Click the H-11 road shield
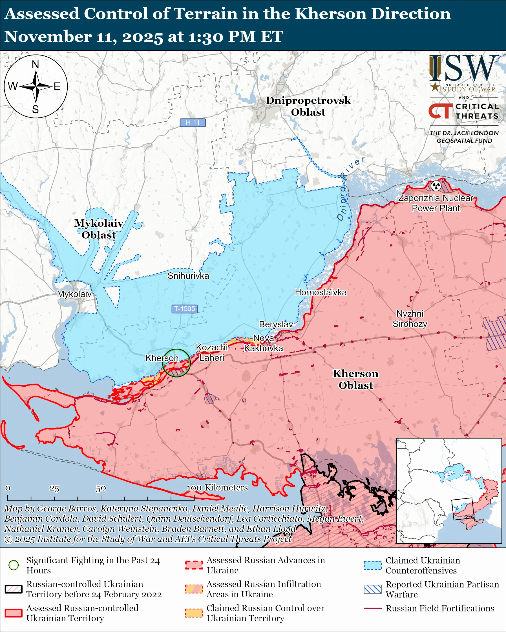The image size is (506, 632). pos(193,123)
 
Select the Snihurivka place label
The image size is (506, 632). pos(188,276)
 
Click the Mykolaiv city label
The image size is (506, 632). pos(74,294)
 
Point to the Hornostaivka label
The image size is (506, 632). pos(321,292)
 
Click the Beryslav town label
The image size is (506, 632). pos(276,324)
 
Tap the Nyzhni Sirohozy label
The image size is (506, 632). pos(410,319)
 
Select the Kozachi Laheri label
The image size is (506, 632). pos(211,353)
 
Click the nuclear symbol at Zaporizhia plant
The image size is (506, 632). pos(436,185)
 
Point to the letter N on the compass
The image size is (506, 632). pos(36,64)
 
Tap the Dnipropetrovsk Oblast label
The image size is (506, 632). pos(308,106)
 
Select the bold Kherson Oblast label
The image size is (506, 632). pos(355,379)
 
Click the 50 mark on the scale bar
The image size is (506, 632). pos(101,488)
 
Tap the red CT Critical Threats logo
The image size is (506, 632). pos(440,111)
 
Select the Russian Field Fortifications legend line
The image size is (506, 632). pos(373,608)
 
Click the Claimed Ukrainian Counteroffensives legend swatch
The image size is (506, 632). pos(373,566)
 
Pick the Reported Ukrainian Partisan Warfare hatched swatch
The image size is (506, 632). pos(373,589)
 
